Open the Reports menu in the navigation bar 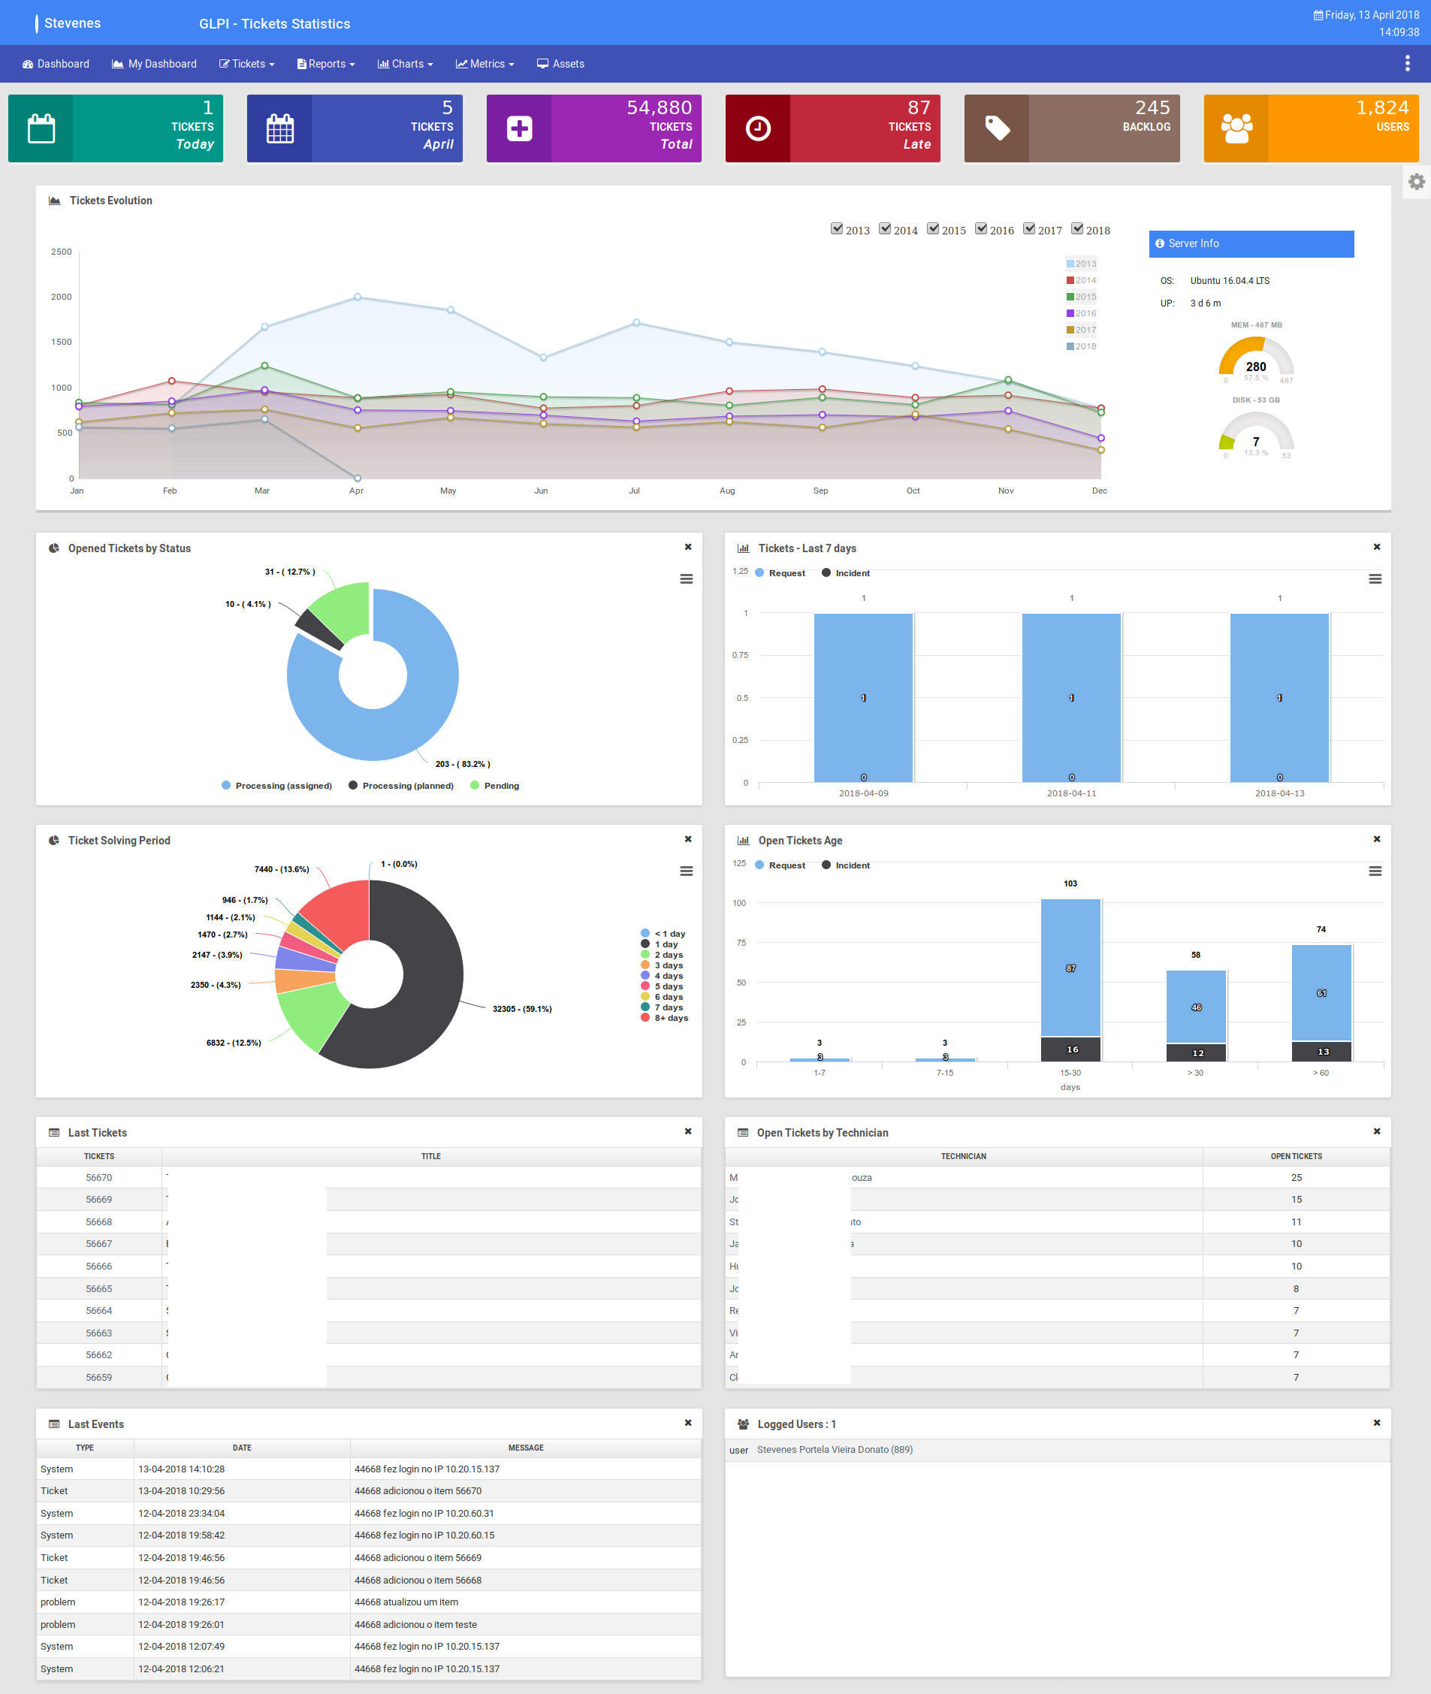[x=326, y=64]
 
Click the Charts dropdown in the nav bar [x=406, y=64]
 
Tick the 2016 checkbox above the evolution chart [x=982, y=229]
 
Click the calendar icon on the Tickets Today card [x=41, y=129]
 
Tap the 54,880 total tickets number [x=659, y=108]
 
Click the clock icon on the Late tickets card [x=758, y=129]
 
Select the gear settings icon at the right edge [x=1417, y=182]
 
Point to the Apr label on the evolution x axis [x=356, y=491]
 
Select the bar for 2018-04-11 [x=1071, y=698]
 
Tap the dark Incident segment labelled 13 [x=1322, y=1052]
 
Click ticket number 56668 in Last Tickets [x=99, y=1221]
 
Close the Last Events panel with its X [x=688, y=1423]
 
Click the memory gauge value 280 [x=1256, y=367]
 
